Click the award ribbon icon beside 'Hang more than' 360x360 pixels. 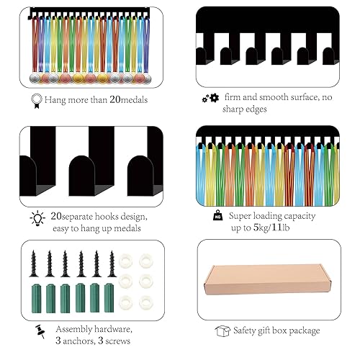(37, 101)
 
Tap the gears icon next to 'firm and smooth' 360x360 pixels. (210, 98)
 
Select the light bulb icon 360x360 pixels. (37, 218)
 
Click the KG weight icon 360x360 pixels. (217, 215)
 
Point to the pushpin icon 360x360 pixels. (40, 331)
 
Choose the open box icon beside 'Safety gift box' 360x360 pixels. (222, 331)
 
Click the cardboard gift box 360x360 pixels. (267, 279)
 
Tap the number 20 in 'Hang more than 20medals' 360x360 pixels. (115, 99)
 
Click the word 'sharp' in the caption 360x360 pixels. (232, 109)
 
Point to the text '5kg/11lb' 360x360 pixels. (271, 228)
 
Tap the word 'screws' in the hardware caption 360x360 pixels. (117, 341)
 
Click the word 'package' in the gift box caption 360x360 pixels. (305, 331)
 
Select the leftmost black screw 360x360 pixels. (34, 264)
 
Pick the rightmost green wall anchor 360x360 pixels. (109, 298)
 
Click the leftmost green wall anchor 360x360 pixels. (36, 298)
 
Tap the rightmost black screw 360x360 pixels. (112, 264)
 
